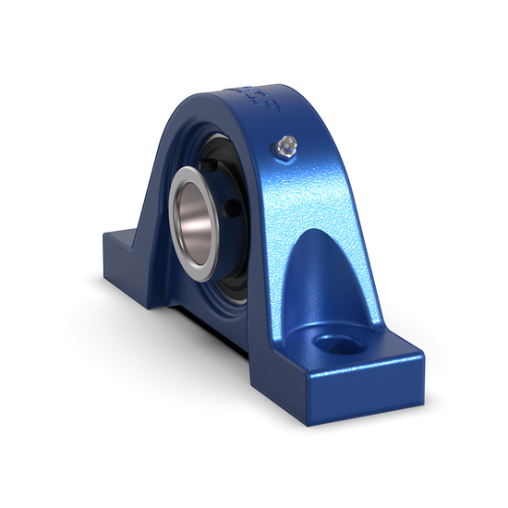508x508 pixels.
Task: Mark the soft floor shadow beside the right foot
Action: point(434,388)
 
